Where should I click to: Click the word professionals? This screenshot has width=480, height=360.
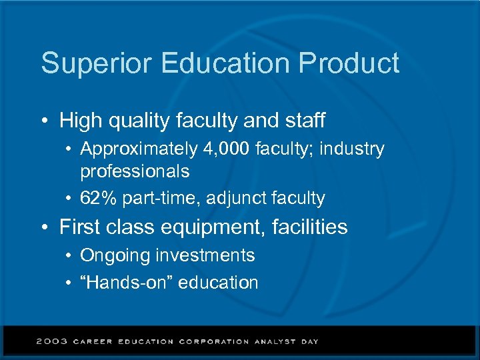click(135, 171)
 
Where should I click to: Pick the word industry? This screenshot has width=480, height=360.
click(352, 149)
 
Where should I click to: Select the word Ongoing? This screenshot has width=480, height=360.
click(115, 255)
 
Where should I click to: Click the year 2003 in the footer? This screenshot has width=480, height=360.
click(52, 341)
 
